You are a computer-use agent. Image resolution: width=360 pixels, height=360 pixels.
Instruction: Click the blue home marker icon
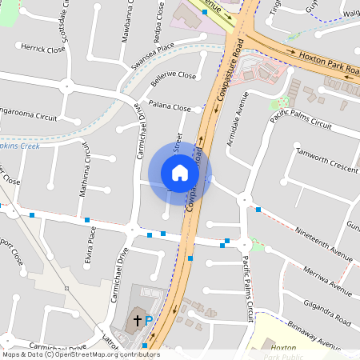click(180, 173)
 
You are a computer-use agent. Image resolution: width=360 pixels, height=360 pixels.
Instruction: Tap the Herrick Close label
click(44, 48)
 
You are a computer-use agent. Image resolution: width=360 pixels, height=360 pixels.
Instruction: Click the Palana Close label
click(170, 107)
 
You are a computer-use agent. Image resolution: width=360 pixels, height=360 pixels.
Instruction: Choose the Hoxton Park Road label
click(330, 63)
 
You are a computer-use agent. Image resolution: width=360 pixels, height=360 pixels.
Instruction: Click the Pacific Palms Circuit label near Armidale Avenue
click(300, 120)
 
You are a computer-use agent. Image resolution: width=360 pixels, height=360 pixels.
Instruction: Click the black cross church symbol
click(137, 320)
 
